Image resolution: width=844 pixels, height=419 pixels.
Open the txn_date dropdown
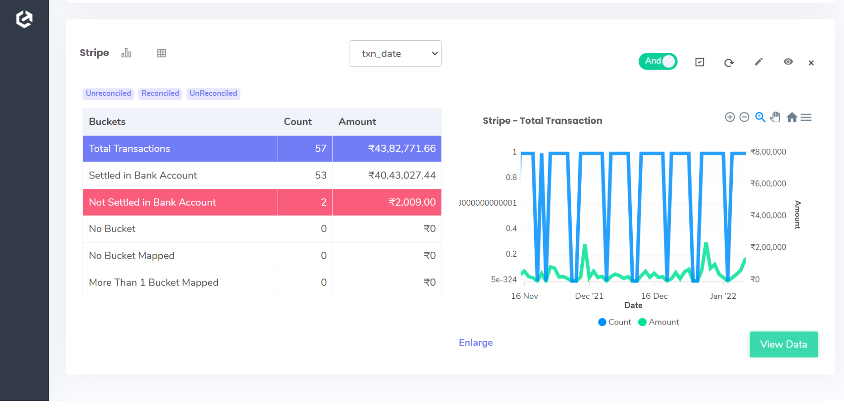click(395, 54)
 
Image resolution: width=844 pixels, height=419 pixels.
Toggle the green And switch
click(658, 61)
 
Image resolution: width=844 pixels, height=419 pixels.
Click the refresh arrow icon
click(729, 63)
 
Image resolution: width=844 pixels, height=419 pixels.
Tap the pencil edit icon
click(759, 62)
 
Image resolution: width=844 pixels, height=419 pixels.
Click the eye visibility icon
click(788, 62)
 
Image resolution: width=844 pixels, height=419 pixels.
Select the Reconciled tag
click(160, 94)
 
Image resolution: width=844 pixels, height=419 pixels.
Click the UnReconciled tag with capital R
click(213, 94)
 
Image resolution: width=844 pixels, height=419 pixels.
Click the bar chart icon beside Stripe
click(126, 53)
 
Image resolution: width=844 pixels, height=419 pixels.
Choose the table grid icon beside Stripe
click(161, 53)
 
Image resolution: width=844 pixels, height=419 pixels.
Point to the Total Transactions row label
click(129, 149)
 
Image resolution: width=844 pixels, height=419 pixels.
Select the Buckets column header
click(107, 122)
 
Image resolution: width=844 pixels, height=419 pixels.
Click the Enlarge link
click(475, 343)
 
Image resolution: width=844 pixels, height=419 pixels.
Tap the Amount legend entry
click(659, 322)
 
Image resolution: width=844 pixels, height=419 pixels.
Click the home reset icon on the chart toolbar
click(792, 118)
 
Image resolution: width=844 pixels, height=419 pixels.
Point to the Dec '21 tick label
click(589, 296)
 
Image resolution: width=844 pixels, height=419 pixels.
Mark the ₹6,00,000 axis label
click(768, 184)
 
